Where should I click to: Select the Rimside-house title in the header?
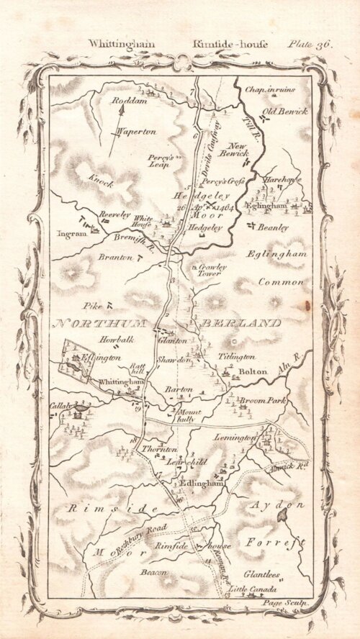220,44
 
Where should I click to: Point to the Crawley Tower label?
209,270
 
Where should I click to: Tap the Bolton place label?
254,371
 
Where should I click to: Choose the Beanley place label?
274,227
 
